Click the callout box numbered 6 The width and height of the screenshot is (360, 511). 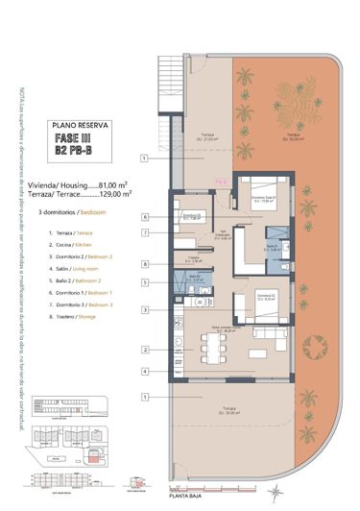(143, 218)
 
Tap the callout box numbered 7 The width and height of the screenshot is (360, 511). (143, 232)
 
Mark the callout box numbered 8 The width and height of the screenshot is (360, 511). (143, 264)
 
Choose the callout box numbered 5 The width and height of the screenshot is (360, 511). (143, 282)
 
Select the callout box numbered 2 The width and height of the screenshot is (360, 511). (143, 351)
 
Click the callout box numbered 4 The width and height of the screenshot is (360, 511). (143, 371)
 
